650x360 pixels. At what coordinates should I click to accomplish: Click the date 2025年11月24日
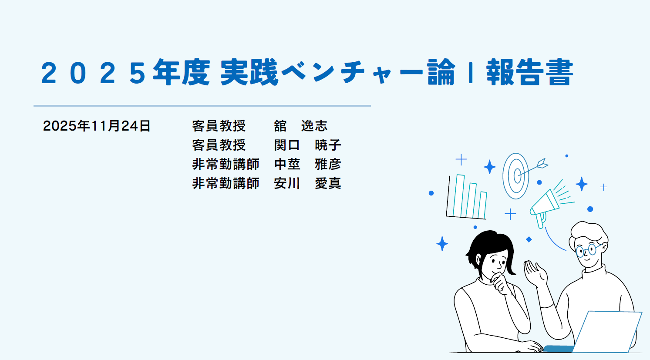click(x=97, y=126)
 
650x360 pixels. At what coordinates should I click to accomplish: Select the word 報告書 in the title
click(x=529, y=73)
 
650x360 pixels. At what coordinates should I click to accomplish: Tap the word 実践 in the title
click(x=249, y=73)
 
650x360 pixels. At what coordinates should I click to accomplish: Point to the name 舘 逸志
click(x=300, y=126)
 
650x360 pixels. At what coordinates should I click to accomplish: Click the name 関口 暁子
click(x=307, y=145)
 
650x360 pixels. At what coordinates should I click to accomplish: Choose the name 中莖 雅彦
click(x=307, y=165)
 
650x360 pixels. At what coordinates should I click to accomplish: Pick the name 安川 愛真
click(x=307, y=184)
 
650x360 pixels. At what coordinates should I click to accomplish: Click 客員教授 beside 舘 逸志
click(x=219, y=126)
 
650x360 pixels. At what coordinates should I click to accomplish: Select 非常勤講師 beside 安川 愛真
click(x=226, y=184)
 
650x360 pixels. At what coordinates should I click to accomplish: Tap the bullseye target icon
click(x=516, y=176)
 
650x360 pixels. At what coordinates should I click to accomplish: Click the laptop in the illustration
click(x=607, y=331)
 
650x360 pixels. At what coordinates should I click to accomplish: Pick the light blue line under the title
click(x=202, y=106)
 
